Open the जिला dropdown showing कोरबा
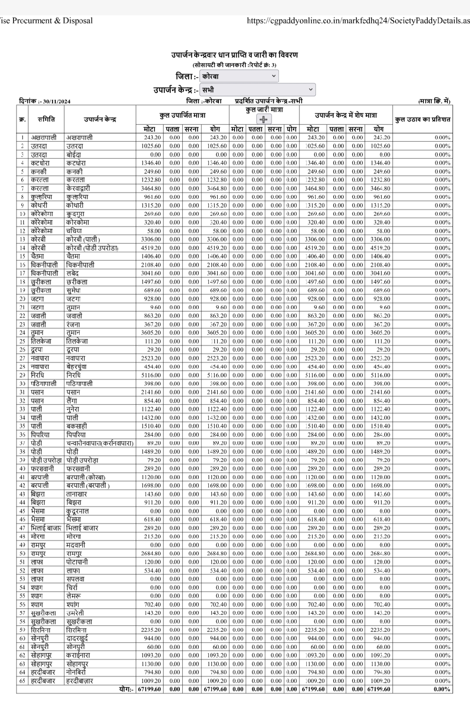[x=239, y=76]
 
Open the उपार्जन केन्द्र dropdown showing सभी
[x=258, y=90]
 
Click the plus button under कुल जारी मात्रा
[x=264, y=119]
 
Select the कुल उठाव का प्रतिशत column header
[x=423, y=119]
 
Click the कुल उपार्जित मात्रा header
[x=182, y=115]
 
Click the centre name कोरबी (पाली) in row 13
[x=83, y=239]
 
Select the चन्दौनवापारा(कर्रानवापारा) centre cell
[x=100, y=443]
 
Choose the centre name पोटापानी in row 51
[x=77, y=562]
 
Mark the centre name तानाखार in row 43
[x=77, y=494]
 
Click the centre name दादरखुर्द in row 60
[x=77, y=638]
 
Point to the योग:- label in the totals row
[x=127, y=689]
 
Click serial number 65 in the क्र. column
[x=22, y=681]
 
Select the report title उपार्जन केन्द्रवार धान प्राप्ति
[x=235, y=55]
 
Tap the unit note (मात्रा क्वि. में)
[x=434, y=101]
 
